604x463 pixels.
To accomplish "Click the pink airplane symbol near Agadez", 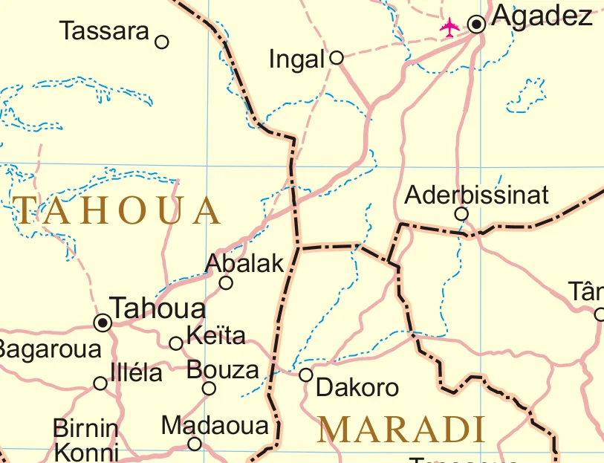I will pyautogui.click(x=449, y=27).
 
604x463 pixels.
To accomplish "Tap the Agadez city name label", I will pyautogui.click(x=542, y=16).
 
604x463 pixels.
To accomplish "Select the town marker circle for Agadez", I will pyautogui.click(x=477, y=25).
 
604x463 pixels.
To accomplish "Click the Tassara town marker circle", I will pyautogui.click(x=161, y=42).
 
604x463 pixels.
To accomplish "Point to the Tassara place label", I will pyautogui.click(x=105, y=31).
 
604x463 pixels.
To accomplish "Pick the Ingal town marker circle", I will pyautogui.click(x=336, y=56).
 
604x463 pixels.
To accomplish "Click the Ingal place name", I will pyautogui.click(x=297, y=59).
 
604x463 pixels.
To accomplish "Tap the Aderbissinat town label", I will pyautogui.click(x=476, y=195).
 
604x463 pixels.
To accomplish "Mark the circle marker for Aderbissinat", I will pyautogui.click(x=461, y=214).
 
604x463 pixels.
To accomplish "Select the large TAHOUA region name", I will pyautogui.click(x=117, y=211).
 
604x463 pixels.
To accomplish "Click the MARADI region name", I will pyautogui.click(x=401, y=430).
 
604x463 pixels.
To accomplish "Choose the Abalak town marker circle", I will pyautogui.click(x=226, y=282).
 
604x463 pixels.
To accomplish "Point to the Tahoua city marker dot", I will pyautogui.click(x=103, y=322).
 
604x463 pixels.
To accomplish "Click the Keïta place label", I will pyautogui.click(x=215, y=336).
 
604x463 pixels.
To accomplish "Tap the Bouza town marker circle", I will pyautogui.click(x=210, y=388).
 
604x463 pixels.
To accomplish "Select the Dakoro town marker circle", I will pyautogui.click(x=305, y=375).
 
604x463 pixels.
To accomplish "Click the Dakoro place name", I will pyautogui.click(x=357, y=387).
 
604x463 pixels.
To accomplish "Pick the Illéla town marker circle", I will pyautogui.click(x=100, y=383).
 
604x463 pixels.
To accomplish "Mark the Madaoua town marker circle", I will pyautogui.click(x=194, y=444).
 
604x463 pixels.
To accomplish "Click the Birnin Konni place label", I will pyautogui.click(x=86, y=441).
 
